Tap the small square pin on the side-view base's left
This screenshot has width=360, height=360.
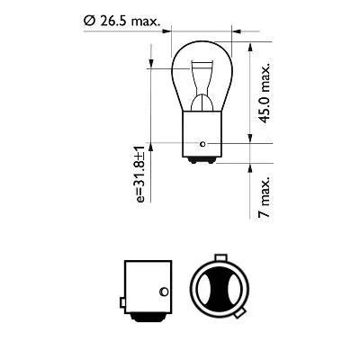coord(120,297)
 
